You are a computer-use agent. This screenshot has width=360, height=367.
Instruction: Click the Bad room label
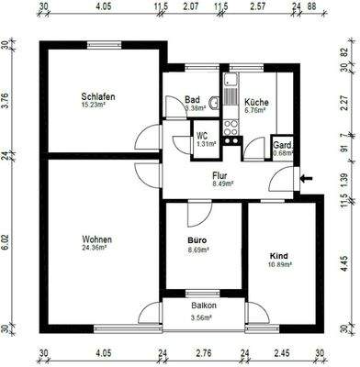click(192, 100)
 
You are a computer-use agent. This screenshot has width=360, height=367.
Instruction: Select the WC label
click(201, 135)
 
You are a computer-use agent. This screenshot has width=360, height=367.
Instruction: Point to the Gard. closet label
click(282, 144)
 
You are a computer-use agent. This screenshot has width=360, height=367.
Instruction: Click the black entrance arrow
click(306, 178)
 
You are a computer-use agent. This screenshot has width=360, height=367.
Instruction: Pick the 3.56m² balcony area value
click(203, 318)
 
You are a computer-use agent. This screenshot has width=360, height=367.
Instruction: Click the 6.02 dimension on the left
click(6, 240)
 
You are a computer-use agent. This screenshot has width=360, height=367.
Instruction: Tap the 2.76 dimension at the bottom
click(203, 352)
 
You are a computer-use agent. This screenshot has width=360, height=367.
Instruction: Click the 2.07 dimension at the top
click(190, 7)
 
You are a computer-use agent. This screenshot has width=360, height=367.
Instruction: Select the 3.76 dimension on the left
click(6, 98)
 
